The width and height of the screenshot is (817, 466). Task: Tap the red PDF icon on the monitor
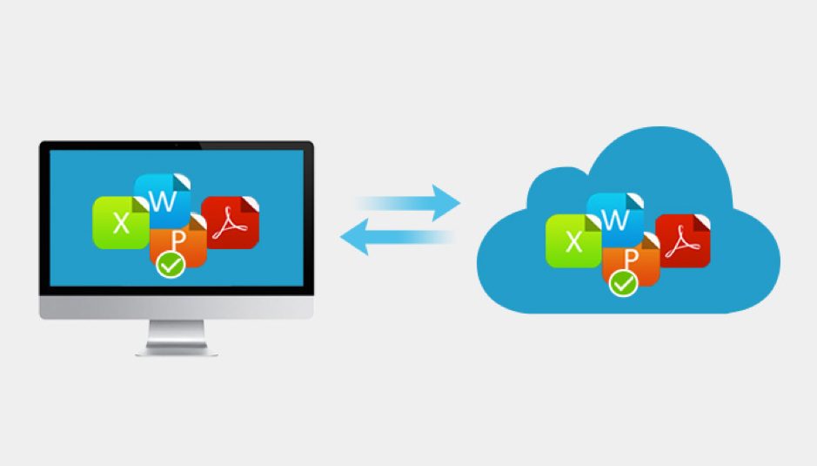[x=231, y=223]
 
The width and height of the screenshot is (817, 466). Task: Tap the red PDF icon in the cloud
[x=683, y=240]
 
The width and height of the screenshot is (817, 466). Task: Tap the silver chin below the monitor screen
[x=176, y=305]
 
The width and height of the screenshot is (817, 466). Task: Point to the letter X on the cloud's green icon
[x=573, y=242]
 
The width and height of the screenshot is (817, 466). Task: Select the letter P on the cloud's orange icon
[x=633, y=259]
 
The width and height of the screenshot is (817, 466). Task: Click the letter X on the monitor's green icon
[x=121, y=224]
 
